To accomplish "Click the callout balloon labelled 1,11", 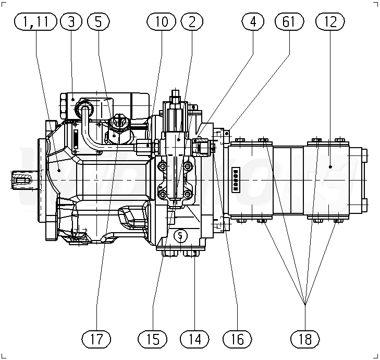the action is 35,21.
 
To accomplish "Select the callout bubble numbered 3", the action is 71,21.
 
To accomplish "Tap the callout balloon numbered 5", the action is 98,21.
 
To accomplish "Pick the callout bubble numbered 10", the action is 161,21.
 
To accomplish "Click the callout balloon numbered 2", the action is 192,21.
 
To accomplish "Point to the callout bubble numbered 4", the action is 253,21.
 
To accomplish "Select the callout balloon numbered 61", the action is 289,21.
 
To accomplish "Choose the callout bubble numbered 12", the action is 330,21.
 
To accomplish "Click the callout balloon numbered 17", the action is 96,339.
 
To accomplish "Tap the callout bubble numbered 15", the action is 153,339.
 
